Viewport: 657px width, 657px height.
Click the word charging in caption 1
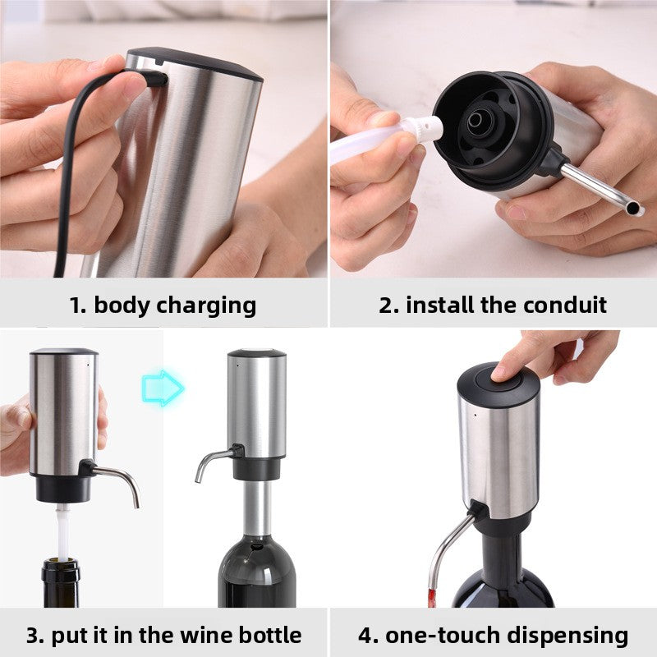click(204, 306)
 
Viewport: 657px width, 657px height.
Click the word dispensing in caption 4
click(566, 635)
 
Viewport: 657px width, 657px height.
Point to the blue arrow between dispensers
click(163, 387)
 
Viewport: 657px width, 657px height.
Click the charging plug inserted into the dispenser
click(152, 78)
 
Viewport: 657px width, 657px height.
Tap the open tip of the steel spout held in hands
click(632, 209)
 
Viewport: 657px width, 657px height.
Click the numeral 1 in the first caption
click(76, 306)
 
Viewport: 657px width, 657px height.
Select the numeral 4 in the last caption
click(365, 635)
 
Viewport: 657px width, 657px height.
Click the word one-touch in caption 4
click(442, 635)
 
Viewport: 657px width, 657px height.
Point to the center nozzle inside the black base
click(476, 121)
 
